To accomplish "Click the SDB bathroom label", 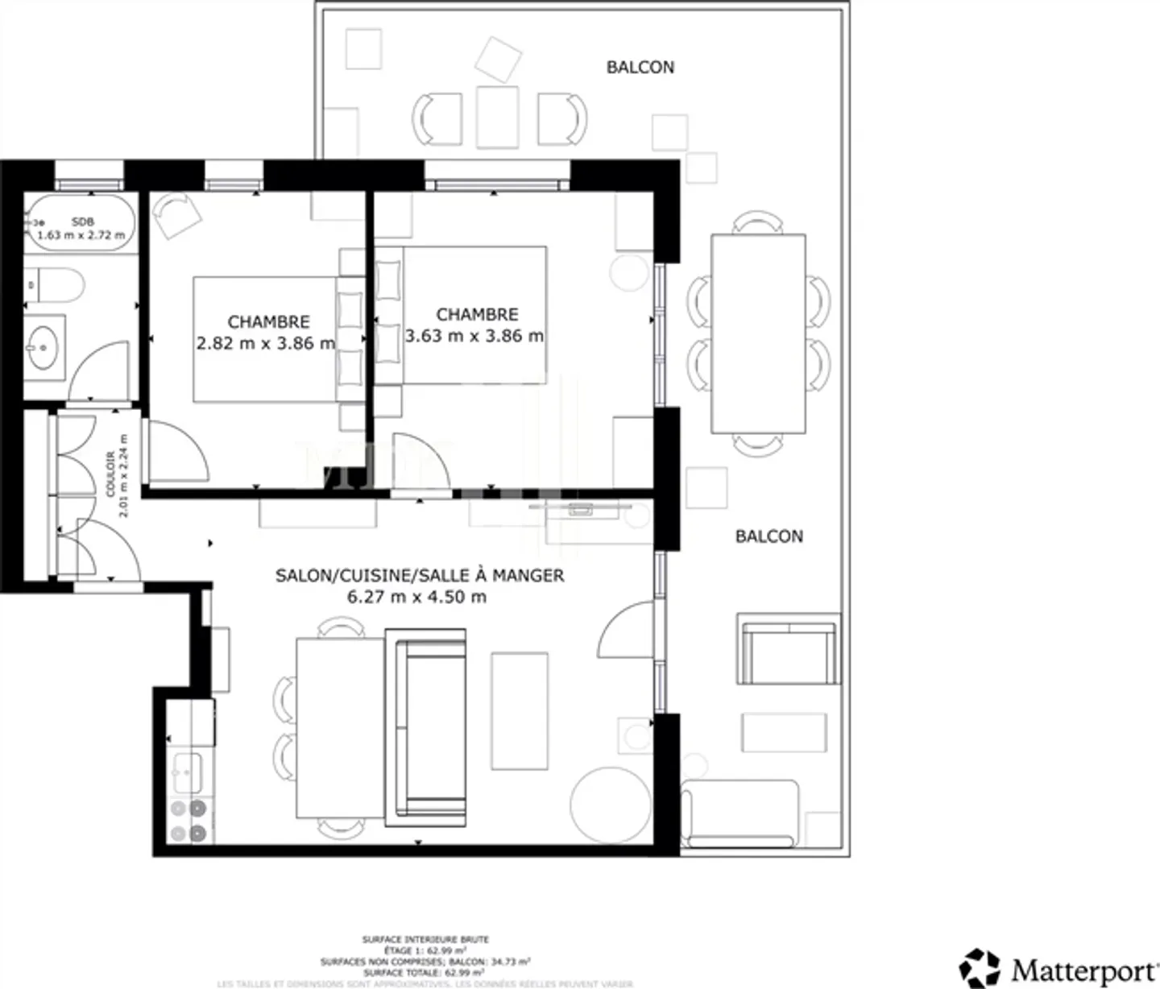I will point(82,221).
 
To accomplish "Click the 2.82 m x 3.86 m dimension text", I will point(266,344).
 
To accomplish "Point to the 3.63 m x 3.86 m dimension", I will point(474,336).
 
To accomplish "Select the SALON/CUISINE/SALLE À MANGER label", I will point(420,575).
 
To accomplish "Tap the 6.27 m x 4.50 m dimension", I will point(416,597).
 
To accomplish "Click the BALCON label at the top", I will point(640,67).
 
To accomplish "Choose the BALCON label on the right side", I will point(768,536).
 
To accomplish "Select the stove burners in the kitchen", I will point(189,820).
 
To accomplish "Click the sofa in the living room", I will point(426,727).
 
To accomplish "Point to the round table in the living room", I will point(611,803).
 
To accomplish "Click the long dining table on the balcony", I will point(758,333).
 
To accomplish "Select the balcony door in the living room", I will point(629,628).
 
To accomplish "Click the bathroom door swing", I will point(100,371).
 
